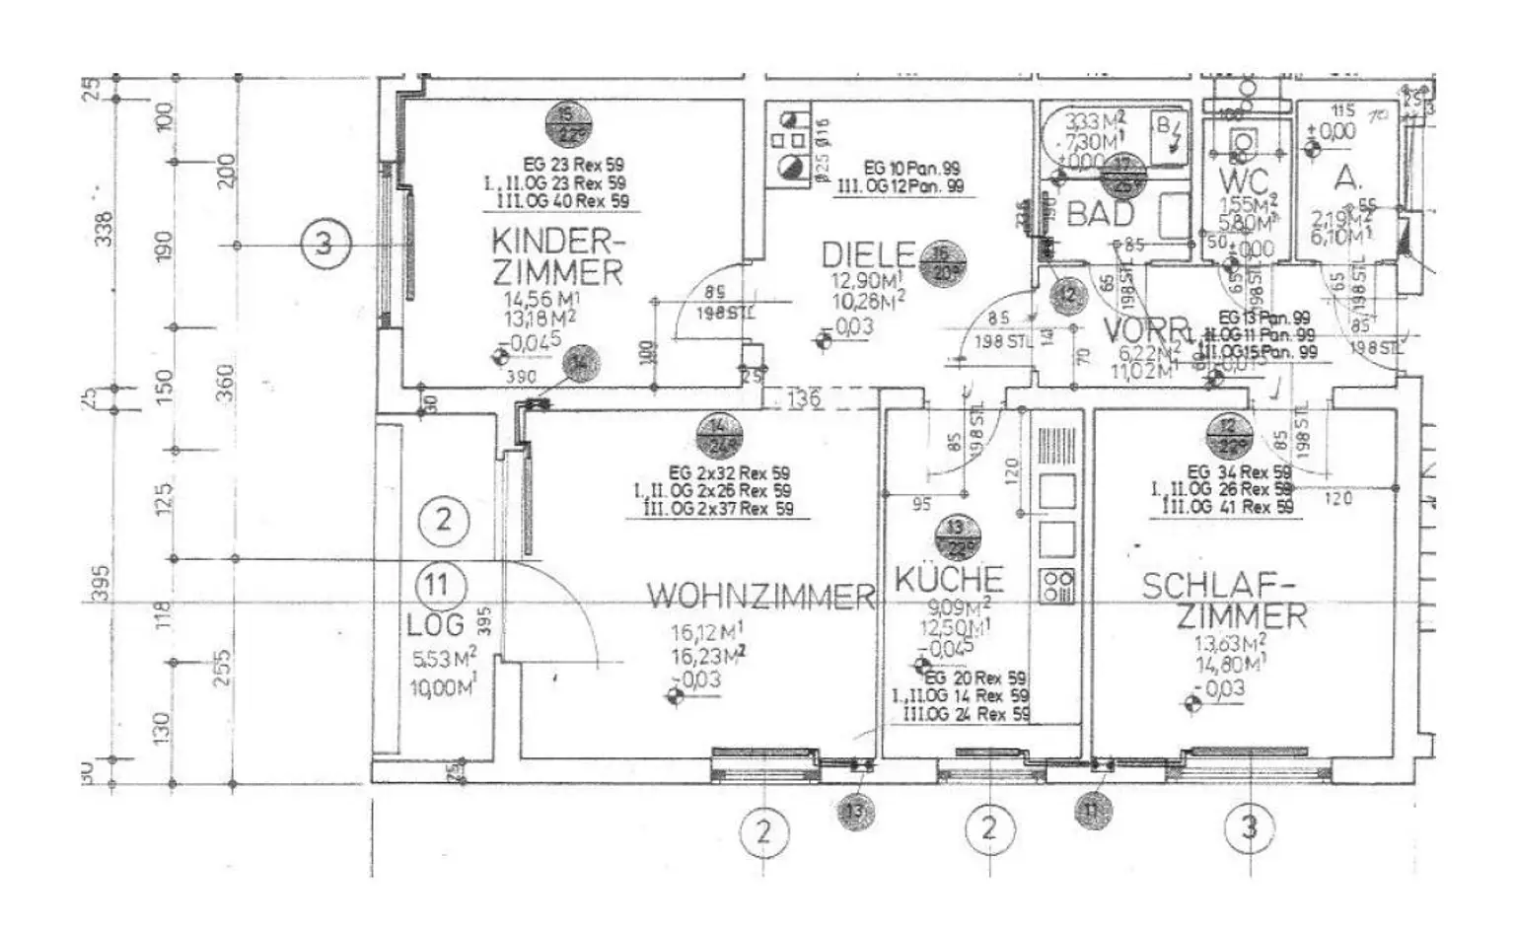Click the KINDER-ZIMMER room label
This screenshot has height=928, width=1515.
pyautogui.click(x=558, y=256)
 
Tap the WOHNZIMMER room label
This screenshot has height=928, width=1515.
pyautogui.click(x=760, y=596)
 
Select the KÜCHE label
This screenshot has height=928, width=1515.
pyautogui.click(x=948, y=579)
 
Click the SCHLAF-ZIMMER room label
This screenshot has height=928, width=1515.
pyautogui.click(x=1225, y=601)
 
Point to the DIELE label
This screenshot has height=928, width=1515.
pyautogui.click(x=868, y=255)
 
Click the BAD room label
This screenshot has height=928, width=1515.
pyautogui.click(x=1100, y=213)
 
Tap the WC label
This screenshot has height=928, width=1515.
pyautogui.click(x=1242, y=181)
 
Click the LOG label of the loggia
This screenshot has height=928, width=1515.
pyautogui.click(x=434, y=624)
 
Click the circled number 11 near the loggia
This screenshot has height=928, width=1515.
pyautogui.click(x=437, y=585)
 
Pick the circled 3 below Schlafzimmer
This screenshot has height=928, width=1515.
pyautogui.click(x=1249, y=827)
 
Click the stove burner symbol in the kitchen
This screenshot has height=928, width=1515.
pyautogui.click(x=1056, y=586)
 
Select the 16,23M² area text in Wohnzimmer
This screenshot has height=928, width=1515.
pyautogui.click(x=707, y=657)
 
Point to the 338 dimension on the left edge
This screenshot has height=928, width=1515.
pyautogui.click(x=103, y=229)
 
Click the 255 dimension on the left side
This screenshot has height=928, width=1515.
pyautogui.click(x=224, y=667)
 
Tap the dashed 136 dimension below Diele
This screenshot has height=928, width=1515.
pyautogui.click(x=804, y=398)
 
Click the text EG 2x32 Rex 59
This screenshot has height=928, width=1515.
pyautogui.click(x=728, y=473)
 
